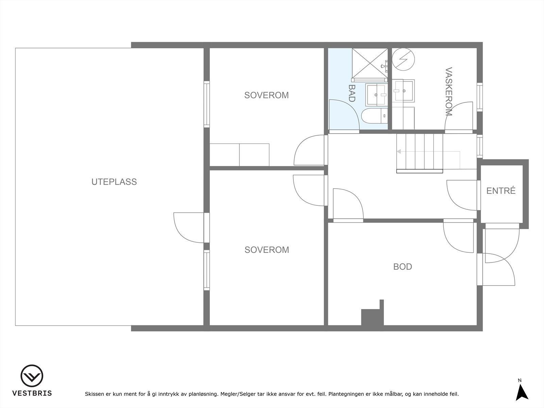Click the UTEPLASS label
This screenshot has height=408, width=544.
(x=114, y=182)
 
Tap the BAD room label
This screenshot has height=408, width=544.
(x=352, y=93)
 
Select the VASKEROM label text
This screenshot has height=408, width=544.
(x=449, y=91)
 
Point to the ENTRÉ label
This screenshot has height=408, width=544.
(x=501, y=190)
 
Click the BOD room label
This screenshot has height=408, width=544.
(x=403, y=267)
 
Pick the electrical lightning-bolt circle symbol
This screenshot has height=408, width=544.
(x=403, y=59)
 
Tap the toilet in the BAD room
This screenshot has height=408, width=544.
(x=374, y=116)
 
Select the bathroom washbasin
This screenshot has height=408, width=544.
(x=377, y=95)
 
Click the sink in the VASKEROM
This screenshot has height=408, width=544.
(x=403, y=91)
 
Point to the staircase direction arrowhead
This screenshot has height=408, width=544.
(x=399, y=152)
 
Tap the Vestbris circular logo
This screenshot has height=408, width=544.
(x=32, y=376)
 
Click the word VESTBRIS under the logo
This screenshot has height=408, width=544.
(x=32, y=393)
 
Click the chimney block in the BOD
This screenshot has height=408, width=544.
(x=373, y=314)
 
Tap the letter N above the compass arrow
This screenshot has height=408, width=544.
(x=520, y=380)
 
